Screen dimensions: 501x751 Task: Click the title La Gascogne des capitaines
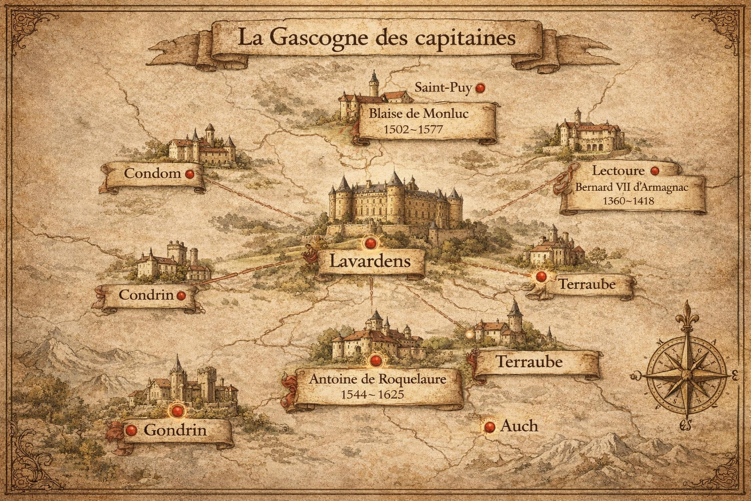[375, 38]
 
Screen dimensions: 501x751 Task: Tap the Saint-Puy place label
[443, 88]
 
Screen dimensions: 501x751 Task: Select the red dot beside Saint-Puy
[481, 88]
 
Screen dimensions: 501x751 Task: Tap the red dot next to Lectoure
[655, 171]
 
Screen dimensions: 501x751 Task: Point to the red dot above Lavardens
[370, 243]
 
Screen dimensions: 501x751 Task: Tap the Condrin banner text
[146, 295]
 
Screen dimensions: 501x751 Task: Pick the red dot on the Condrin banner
[180, 296]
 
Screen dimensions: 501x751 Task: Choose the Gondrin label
[175, 431]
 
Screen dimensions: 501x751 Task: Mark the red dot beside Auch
[487, 427]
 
